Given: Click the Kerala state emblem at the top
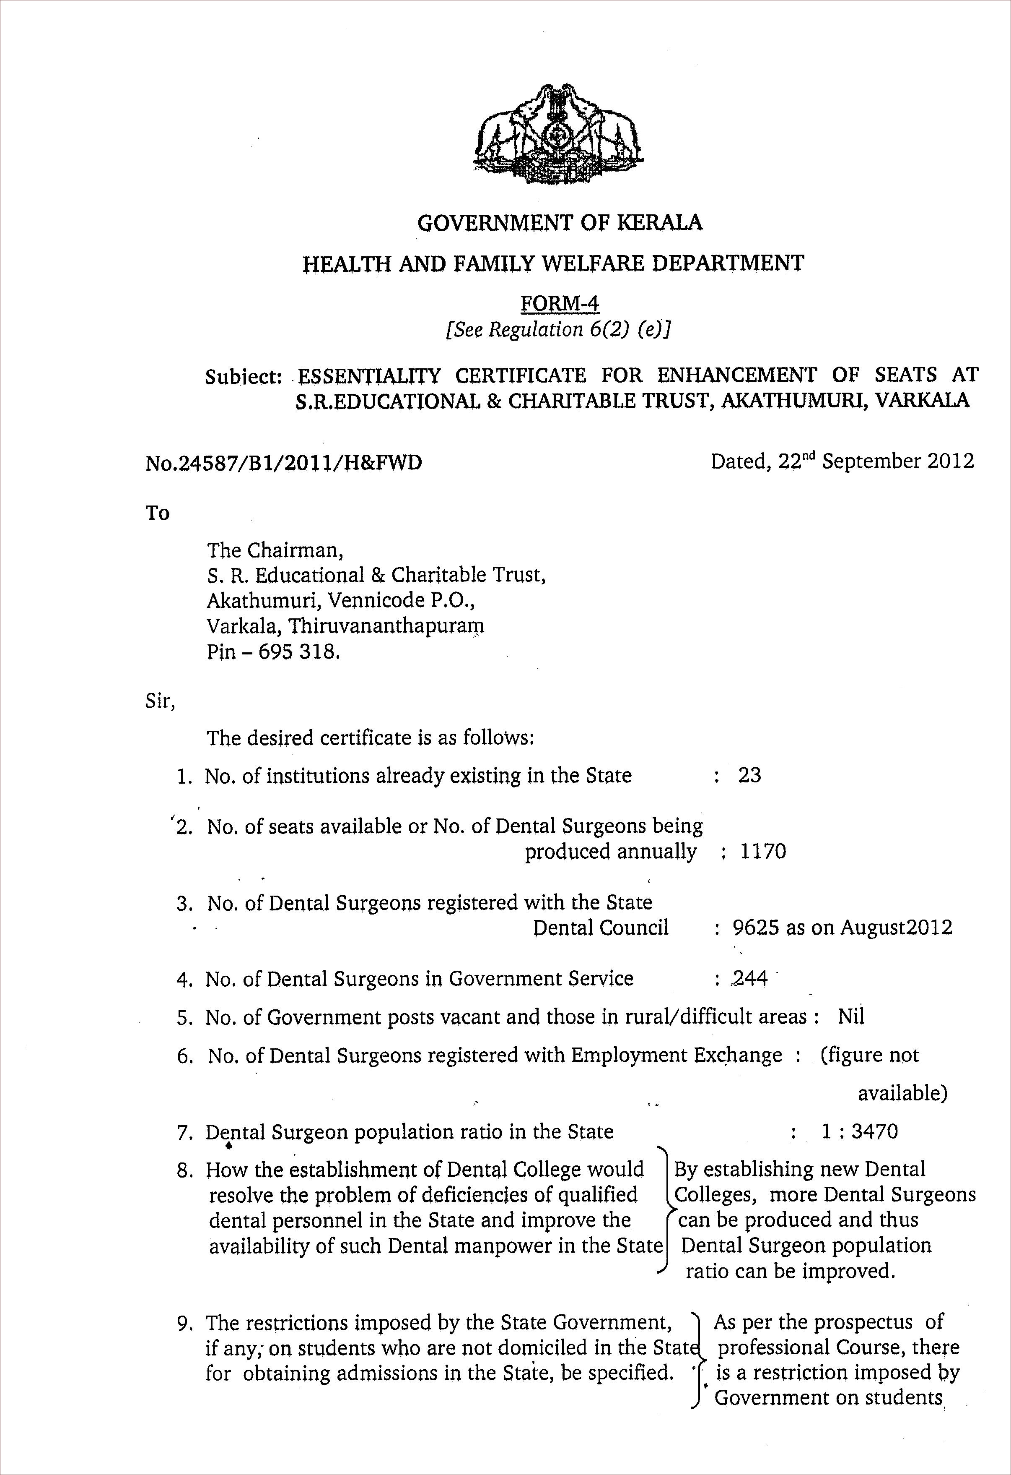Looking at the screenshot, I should [560, 135].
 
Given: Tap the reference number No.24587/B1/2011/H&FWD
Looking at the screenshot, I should [283, 463].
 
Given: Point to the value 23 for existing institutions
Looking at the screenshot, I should [749, 775].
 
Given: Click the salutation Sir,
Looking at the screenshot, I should [160, 701].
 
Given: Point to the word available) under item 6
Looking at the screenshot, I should [902, 1092].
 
